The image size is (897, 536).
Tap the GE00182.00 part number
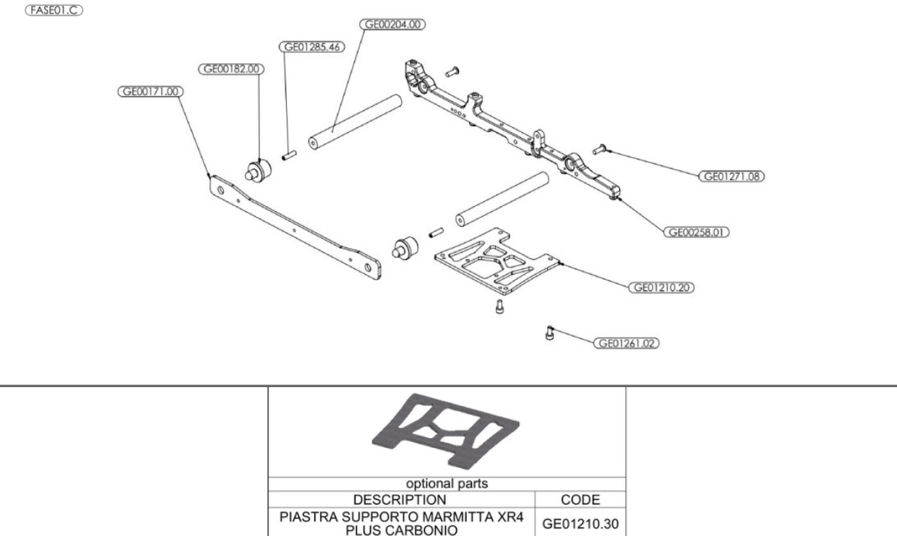click(x=230, y=69)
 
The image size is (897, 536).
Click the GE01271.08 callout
click(x=732, y=177)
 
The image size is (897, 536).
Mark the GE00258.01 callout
click(x=696, y=232)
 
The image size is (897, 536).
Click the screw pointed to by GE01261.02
click(x=550, y=332)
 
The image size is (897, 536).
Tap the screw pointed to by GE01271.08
click(x=600, y=148)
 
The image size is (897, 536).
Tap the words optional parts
click(x=446, y=484)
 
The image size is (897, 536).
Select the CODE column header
click(x=581, y=500)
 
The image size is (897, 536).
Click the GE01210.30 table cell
click(x=581, y=523)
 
